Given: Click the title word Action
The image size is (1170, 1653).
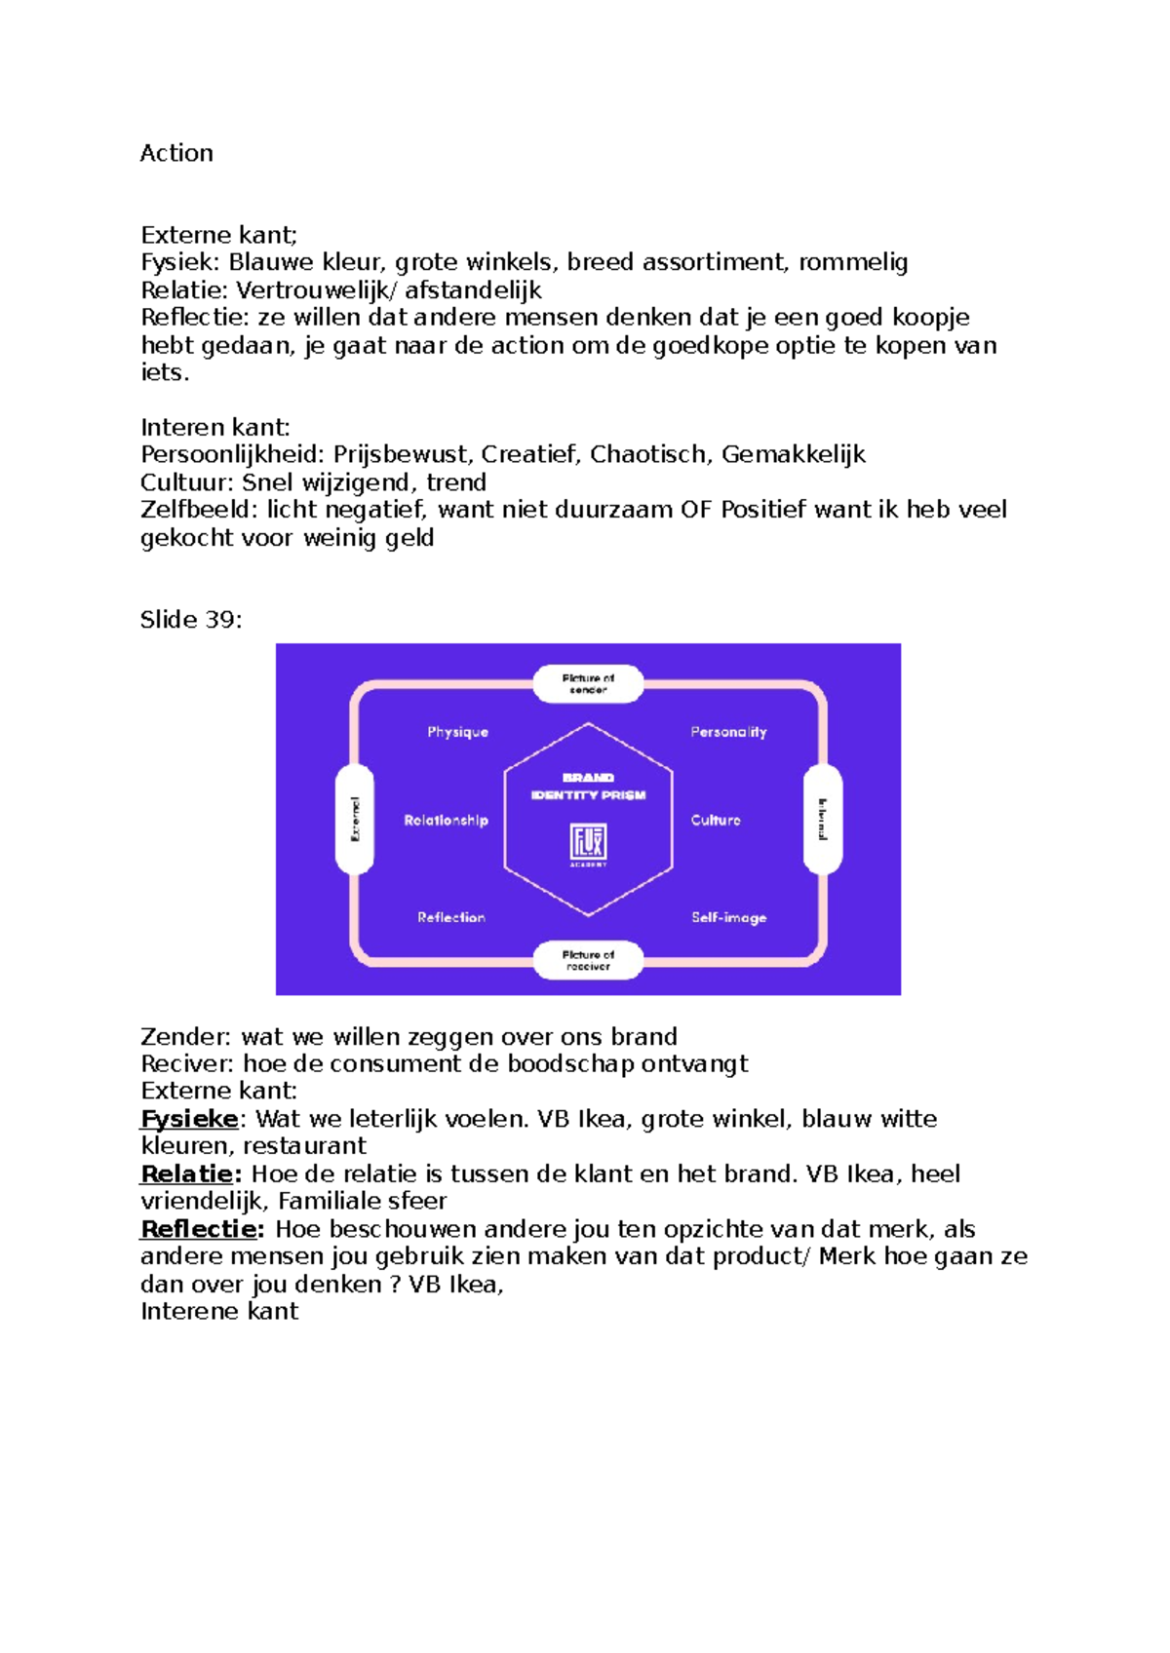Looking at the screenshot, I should click(x=176, y=153).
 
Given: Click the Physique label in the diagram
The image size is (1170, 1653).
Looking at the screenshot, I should click(x=457, y=732).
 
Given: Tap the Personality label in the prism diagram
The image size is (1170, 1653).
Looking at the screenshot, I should click(x=728, y=732).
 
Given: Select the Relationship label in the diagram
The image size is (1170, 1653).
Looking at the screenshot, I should click(x=446, y=821).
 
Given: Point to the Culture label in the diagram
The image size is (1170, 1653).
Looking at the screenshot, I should click(x=716, y=821).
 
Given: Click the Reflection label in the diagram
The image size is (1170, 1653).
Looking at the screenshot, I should click(x=450, y=917).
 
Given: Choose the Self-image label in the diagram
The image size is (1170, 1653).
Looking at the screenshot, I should click(x=728, y=918).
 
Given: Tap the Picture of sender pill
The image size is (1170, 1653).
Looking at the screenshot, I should click(x=588, y=683).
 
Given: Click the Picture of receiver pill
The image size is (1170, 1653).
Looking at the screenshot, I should click(x=588, y=960).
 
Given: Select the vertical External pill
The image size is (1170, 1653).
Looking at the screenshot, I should click(x=355, y=819).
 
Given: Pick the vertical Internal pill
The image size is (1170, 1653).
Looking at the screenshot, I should click(x=822, y=819).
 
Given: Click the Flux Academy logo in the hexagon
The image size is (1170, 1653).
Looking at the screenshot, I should click(x=588, y=844).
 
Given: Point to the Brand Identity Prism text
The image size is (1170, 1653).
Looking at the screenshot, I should click(x=588, y=787).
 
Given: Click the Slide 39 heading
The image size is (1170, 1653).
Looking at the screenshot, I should click(x=191, y=620).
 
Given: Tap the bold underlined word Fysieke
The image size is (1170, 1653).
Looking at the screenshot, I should click(x=190, y=1119).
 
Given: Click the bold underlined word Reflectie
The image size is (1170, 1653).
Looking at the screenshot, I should click(x=201, y=1229).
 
